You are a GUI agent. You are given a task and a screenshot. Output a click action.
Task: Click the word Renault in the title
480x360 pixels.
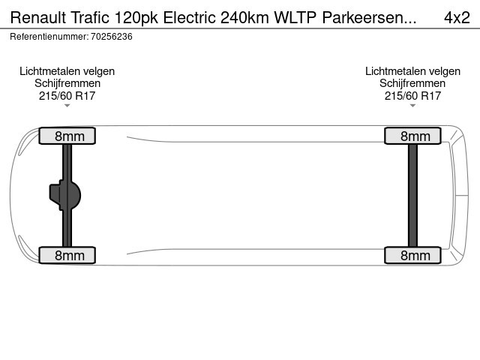(x=38, y=17)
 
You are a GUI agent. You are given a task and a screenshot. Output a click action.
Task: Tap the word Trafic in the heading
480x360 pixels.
(x=90, y=17)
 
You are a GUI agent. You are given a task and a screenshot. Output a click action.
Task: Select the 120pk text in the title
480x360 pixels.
(x=136, y=18)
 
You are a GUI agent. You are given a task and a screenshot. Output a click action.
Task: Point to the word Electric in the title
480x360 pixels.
(x=190, y=17)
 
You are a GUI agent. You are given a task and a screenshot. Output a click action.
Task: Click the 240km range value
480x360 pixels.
(x=244, y=17)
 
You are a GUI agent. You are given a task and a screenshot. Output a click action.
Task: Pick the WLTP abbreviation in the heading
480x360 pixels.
(x=295, y=17)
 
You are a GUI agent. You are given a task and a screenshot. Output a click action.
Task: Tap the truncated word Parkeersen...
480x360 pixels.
(x=369, y=17)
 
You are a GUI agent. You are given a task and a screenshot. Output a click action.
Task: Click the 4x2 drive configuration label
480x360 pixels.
(x=457, y=17)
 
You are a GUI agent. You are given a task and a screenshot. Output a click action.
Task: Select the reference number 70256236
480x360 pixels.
(x=112, y=37)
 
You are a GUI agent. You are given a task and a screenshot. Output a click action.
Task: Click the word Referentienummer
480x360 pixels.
(x=49, y=37)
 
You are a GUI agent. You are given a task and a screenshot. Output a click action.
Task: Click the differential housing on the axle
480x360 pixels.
(x=65, y=195)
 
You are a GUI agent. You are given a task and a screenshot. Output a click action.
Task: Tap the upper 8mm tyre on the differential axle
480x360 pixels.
(x=67, y=136)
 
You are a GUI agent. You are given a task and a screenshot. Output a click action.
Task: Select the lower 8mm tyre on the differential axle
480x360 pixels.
(x=67, y=255)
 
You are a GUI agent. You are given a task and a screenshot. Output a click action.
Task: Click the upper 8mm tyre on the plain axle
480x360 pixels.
(x=412, y=136)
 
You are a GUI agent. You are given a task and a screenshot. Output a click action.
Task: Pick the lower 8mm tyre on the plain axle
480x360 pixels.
(x=412, y=255)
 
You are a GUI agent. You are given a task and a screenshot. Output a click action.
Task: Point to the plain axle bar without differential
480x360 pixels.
(x=412, y=195)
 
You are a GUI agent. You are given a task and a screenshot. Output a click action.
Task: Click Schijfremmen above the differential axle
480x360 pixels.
(x=67, y=83)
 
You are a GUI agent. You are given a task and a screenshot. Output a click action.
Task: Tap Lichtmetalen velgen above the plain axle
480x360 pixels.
(x=412, y=71)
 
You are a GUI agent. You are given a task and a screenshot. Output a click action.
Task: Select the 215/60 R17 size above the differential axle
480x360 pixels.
(x=67, y=96)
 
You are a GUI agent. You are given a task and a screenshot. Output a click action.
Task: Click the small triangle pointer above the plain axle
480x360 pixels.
(x=412, y=106)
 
